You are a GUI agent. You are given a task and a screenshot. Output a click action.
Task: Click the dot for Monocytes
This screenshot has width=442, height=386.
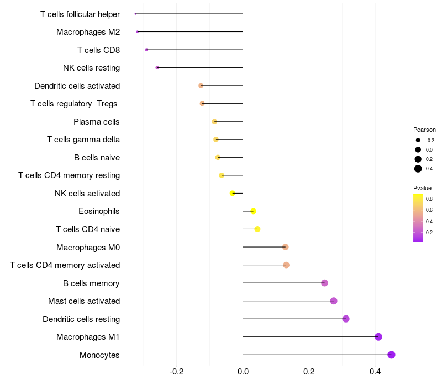[x=391, y=355]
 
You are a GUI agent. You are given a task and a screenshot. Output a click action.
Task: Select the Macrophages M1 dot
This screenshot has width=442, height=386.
[x=378, y=337]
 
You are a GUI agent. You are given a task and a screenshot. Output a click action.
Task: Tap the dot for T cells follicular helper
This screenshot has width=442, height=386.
[x=135, y=14]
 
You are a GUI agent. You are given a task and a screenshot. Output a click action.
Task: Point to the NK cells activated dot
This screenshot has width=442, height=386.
[x=233, y=193]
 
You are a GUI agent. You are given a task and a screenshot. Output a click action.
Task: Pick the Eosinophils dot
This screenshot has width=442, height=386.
[x=253, y=211]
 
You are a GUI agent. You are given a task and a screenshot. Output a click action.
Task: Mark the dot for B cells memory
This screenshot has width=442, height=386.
[x=324, y=283]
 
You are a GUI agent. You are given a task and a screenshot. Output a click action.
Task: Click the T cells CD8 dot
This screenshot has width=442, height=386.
[x=146, y=50]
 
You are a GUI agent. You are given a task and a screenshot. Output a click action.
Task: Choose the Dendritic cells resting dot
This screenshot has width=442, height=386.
[x=346, y=319]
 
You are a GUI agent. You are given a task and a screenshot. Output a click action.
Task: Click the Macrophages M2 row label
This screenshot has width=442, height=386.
[x=88, y=32]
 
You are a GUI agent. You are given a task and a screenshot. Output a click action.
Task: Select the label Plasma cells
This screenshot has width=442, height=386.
[x=96, y=121]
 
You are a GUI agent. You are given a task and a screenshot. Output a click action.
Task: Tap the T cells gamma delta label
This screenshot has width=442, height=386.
[x=83, y=140]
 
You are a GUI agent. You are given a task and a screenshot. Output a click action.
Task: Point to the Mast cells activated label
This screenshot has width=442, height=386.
[x=84, y=301]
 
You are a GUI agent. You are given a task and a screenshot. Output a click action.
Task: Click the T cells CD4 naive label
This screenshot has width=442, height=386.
[x=88, y=229]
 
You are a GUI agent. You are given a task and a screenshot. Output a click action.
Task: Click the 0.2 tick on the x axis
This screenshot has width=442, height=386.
[x=309, y=372]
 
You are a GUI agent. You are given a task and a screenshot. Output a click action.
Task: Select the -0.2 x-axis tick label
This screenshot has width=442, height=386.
[x=176, y=372]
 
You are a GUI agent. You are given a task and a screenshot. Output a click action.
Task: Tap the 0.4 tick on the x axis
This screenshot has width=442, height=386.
[x=375, y=372]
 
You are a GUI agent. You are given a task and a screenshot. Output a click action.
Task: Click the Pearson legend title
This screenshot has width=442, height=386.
[x=424, y=130]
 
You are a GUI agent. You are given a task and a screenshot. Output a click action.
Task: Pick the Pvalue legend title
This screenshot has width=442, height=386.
[x=422, y=188]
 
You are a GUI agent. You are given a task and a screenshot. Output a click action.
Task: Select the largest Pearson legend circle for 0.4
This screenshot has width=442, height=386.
[x=418, y=169]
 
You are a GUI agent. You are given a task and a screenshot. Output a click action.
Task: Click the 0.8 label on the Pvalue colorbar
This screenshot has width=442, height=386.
[x=429, y=199]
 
